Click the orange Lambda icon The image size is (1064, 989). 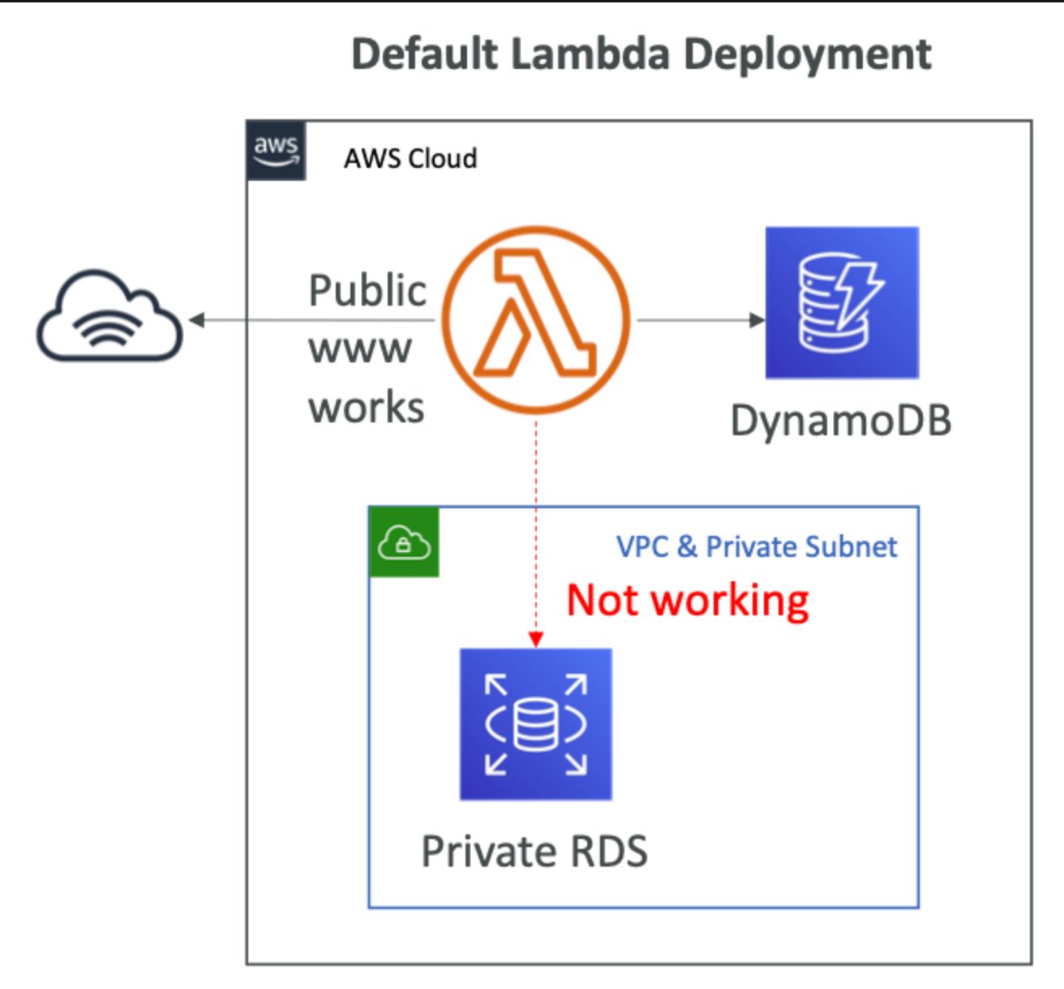pyautogui.click(x=536, y=319)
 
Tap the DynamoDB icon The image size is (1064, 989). pyautogui.click(x=842, y=302)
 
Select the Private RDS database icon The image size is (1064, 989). pyautogui.click(x=536, y=724)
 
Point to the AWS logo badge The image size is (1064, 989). pyautogui.click(x=276, y=151)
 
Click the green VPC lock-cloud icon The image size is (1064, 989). pyautogui.click(x=404, y=542)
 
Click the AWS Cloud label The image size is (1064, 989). pyautogui.click(x=410, y=158)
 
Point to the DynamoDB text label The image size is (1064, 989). pyautogui.click(x=841, y=421)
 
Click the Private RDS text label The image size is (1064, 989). pyautogui.click(x=534, y=851)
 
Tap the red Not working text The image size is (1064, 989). pyautogui.click(x=688, y=602)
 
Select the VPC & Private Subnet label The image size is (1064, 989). pyautogui.click(x=757, y=546)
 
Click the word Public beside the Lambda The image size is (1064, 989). pyautogui.click(x=367, y=290)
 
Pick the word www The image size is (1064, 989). pyautogui.click(x=360, y=349)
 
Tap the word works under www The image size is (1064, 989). pyautogui.click(x=367, y=407)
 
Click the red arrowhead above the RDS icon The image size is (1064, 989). pyautogui.click(x=536, y=640)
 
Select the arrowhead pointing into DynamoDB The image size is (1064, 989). pyautogui.click(x=757, y=320)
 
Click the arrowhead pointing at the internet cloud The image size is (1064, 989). pyautogui.click(x=197, y=320)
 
